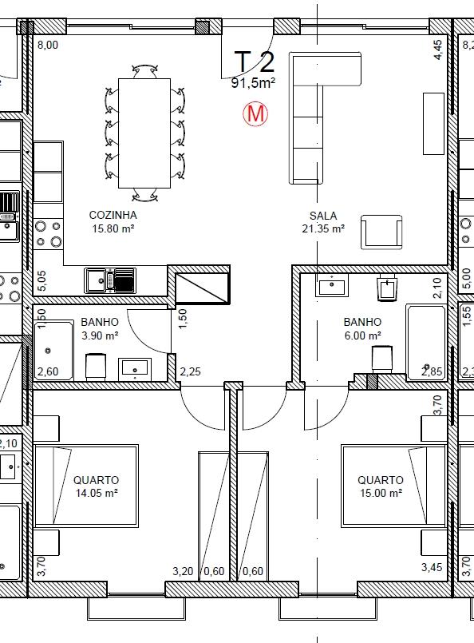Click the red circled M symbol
click(x=255, y=113)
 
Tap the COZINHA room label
click(x=113, y=215)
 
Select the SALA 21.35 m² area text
click(x=323, y=222)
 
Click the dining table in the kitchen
click(x=144, y=133)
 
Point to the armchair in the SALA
click(x=381, y=232)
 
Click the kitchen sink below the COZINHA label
click(x=110, y=280)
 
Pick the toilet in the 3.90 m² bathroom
click(x=97, y=366)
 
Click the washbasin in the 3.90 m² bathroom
click(x=135, y=368)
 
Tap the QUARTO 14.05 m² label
click(x=97, y=486)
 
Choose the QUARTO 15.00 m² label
click(x=381, y=486)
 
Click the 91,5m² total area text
click(x=253, y=83)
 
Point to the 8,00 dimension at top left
click(x=48, y=45)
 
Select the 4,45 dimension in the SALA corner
click(x=437, y=50)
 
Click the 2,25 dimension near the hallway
click(x=191, y=371)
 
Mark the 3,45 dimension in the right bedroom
click(x=432, y=567)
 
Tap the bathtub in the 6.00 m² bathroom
click(x=426, y=343)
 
